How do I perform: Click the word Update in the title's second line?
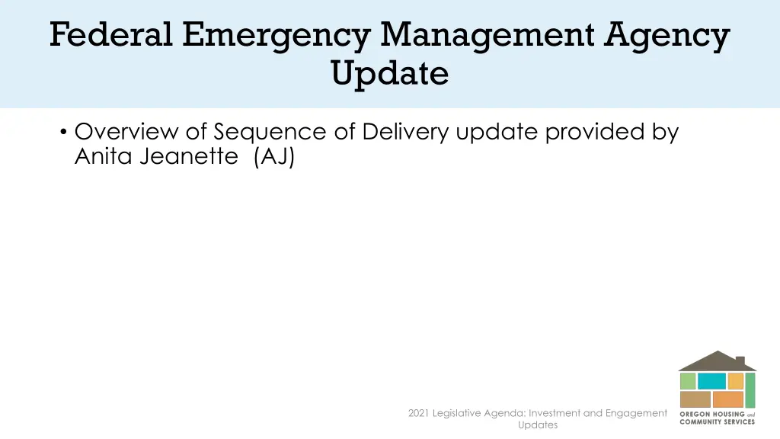[389, 74]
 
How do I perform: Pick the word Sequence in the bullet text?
[270, 132]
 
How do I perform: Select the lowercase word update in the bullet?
[498, 132]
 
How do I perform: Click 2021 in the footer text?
[418, 413]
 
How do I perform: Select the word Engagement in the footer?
[636, 413]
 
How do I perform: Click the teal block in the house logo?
[711, 381]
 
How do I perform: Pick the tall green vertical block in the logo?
[750, 390]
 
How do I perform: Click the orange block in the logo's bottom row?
[729, 399]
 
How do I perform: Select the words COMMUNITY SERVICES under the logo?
[717, 421]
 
